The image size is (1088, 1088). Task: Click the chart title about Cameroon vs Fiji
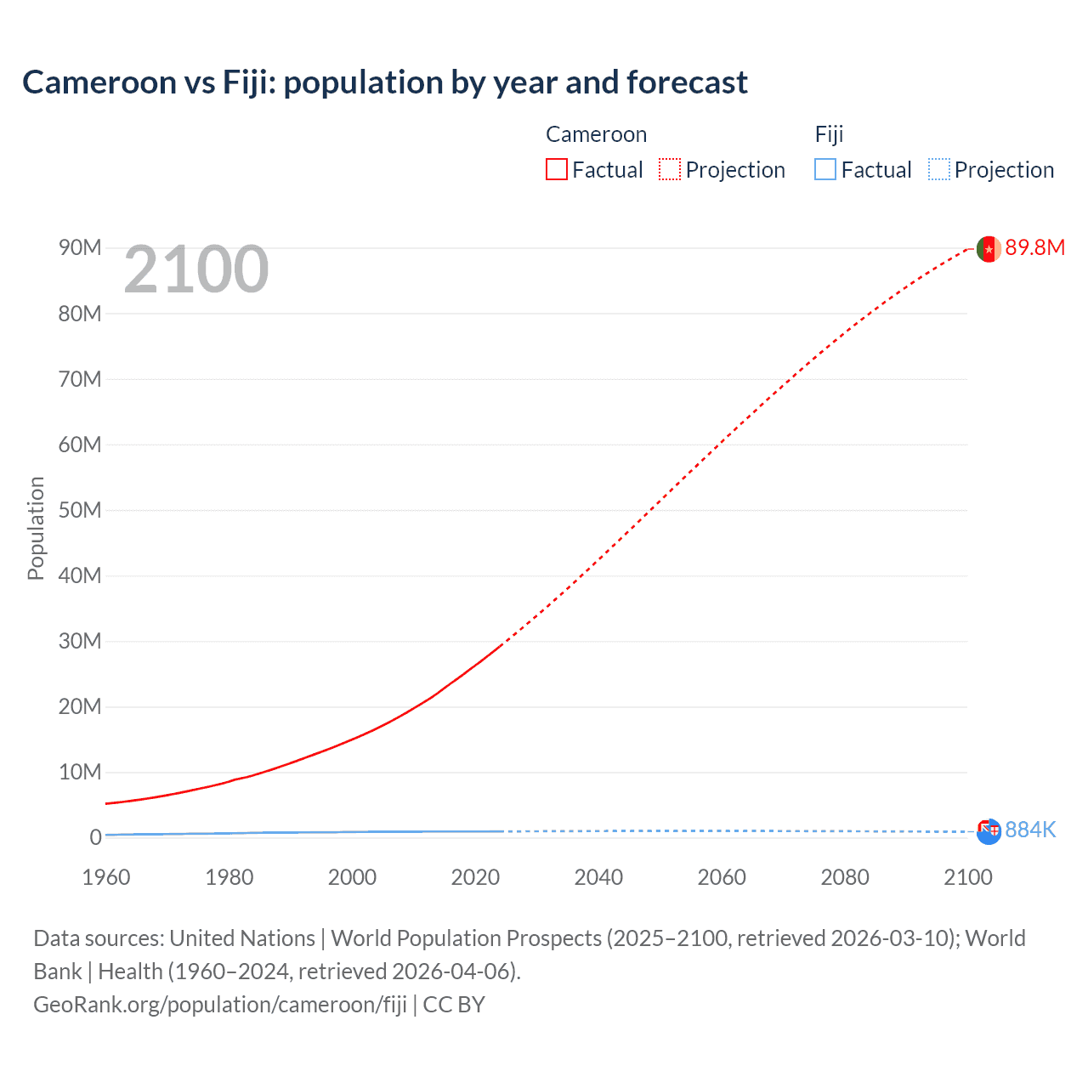(x=385, y=82)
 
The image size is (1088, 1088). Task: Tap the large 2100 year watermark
(x=196, y=269)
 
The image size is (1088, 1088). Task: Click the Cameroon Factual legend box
(x=557, y=170)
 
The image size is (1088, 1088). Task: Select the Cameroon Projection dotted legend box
(x=670, y=170)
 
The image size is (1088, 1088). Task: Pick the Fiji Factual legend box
(x=825, y=170)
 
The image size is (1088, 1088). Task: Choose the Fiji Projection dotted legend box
(x=938, y=170)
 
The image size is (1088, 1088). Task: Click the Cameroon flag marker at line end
(x=989, y=249)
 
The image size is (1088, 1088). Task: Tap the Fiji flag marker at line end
(x=989, y=831)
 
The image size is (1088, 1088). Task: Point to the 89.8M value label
(x=1034, y=247)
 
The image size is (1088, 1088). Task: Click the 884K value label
(x=1030, y=830)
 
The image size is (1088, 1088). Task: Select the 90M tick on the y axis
(x=80, y=247)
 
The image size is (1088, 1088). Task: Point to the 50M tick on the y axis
(x=80, y=510)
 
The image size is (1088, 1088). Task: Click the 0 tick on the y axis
(x=95, y=837)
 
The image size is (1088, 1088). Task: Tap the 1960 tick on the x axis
(x=106, y=877)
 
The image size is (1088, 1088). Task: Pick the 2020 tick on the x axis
(x=475, y=877)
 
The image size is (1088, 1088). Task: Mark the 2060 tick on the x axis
(x=722, y=877)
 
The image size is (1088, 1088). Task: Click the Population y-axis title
(x=36, y=528)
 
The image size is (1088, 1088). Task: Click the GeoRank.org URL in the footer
(x=220, y=1005)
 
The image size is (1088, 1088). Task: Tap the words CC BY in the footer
(x=454, y=1005)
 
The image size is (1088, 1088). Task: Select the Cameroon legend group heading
(x=596, y=134)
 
